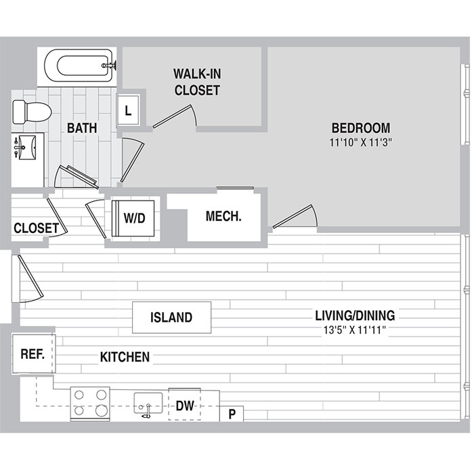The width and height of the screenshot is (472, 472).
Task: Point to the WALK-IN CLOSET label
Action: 197,81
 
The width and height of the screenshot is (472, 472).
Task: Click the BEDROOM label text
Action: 360,128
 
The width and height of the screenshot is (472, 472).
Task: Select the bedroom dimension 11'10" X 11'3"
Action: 361,142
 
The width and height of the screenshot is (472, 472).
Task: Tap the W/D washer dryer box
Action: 134,218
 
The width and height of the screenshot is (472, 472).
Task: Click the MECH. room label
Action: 223,217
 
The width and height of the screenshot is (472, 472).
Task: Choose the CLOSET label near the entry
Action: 36,228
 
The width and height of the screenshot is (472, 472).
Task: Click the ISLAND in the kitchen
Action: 171,317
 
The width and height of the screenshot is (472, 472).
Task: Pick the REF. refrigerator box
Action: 33,353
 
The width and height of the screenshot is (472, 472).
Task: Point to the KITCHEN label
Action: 125,357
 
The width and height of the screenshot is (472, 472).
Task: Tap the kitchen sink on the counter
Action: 147,405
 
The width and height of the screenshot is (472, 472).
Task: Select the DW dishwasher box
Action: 185,406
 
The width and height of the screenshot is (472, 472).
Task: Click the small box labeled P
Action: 232,414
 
